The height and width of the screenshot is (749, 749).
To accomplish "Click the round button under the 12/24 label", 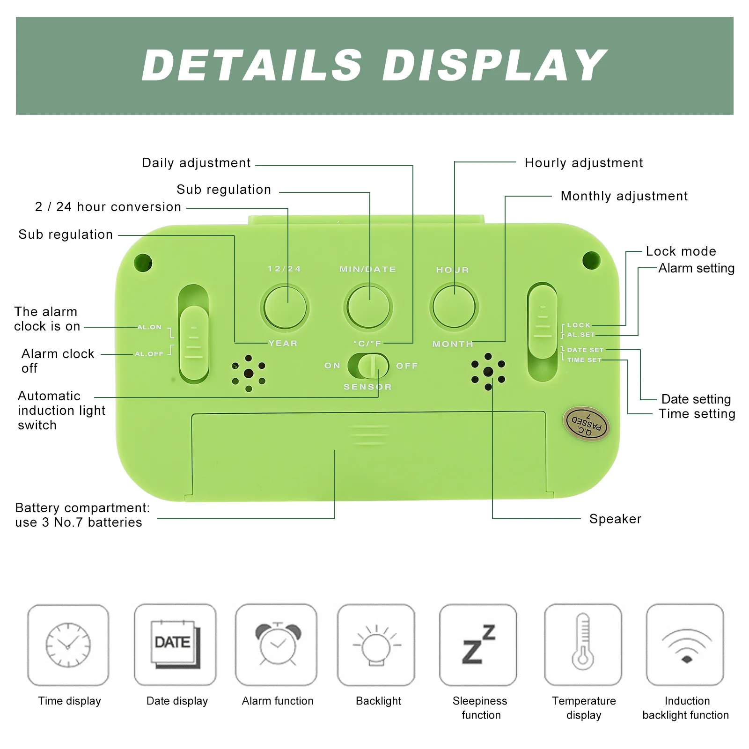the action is pos(285,307).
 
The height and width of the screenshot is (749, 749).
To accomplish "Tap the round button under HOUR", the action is pos(454,307).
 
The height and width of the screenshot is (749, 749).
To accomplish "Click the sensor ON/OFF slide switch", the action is pos(368,366).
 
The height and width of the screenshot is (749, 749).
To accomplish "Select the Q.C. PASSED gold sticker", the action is pos(586,424).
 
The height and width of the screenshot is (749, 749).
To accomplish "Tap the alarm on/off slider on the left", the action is pos(194,343).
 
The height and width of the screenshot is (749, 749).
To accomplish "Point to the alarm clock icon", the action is pos(278,644).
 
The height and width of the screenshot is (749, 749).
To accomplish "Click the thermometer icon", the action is pos(583,641).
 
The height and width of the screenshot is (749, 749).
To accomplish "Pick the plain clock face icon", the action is pos(68,645).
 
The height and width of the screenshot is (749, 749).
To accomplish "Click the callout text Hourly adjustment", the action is pos(584,163).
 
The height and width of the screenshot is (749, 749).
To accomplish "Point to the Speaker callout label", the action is pos(615,519).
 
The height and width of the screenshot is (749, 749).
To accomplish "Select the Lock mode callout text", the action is pos(681,251).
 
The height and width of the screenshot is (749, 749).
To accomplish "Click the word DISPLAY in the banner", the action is pos(494,65).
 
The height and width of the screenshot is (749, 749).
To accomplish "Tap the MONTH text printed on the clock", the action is pos(453,344).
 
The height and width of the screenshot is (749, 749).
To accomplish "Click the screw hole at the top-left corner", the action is pos(143,263).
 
